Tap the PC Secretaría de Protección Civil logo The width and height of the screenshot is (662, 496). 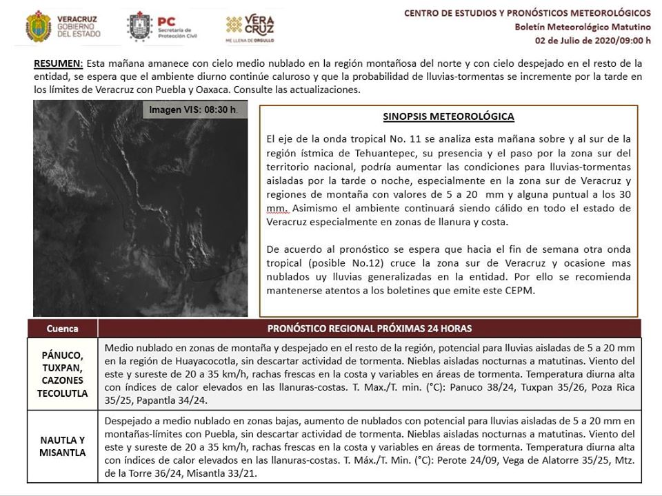click(162, 26)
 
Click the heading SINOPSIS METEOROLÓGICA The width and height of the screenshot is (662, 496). click(448, 116)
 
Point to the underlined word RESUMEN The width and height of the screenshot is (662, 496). click(57, 63)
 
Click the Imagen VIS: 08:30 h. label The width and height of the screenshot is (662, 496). click(194, 110)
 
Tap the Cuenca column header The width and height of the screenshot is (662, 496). click(62, 328)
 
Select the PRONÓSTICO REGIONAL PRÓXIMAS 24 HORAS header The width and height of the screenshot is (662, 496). click(370, 328)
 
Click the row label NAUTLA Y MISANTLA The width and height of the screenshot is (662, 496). click(62, 446)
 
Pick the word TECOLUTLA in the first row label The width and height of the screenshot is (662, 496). click(62, 393)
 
